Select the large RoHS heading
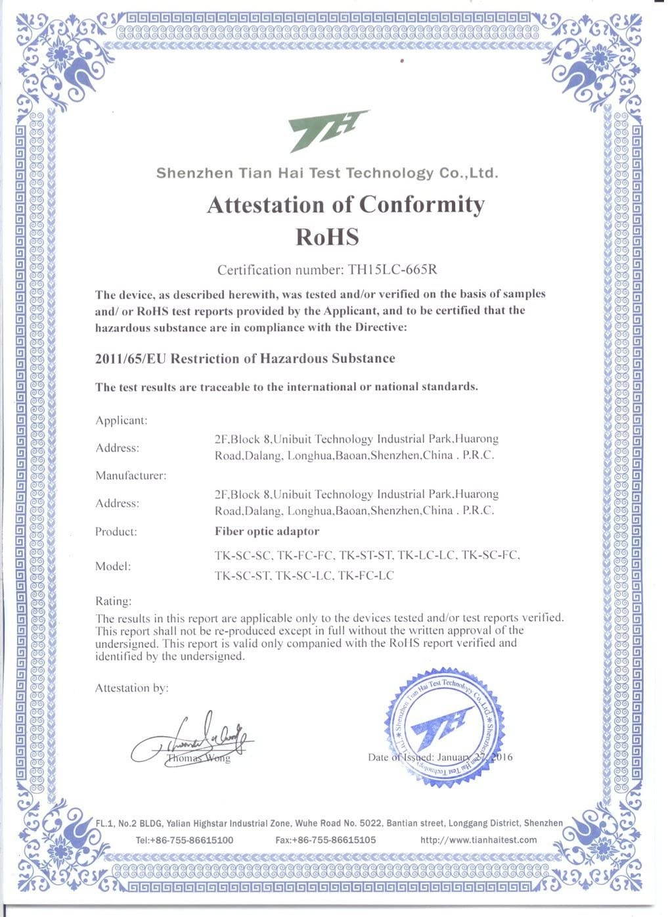(327, 236)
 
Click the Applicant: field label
(122, 421)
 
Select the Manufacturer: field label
(131, 475)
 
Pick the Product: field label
(116, 531)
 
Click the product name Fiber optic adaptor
(267, 531)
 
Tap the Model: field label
(113, 566)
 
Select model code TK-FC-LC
(365, 576)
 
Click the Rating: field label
(114, 601)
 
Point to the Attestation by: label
(132, 688)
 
